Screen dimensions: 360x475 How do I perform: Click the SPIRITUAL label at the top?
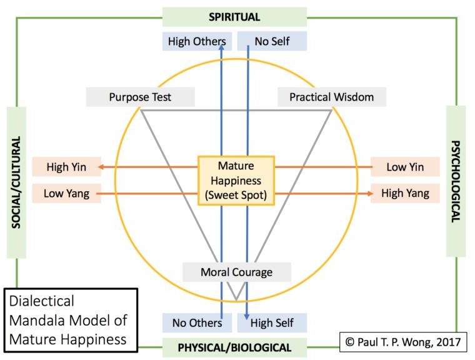click(234, 17)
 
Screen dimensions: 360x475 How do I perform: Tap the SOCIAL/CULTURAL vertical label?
click(17, 181)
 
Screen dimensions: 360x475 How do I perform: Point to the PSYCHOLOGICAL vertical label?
click(456, 181)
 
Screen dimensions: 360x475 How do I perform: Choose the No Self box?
click(272, 42)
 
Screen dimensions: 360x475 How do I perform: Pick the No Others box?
click(197, 322)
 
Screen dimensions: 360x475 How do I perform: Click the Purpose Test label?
click(140, 97)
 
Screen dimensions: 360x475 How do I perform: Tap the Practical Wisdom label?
click(331, 97)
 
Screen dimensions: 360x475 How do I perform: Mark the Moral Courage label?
click(236, 272)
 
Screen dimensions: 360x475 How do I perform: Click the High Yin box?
click(66, 167)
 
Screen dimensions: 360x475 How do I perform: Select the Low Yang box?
click(66, 193)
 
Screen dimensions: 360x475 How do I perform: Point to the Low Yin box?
click(405, 167)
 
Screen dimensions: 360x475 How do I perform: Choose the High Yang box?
click(405, 193)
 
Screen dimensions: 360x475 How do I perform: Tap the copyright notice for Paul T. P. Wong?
click(403, 341)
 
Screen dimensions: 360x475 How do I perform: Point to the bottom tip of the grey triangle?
click(235, 299)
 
